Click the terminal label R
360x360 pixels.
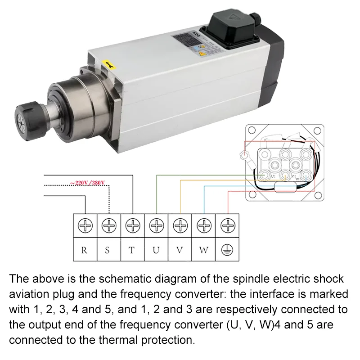(x=84, y=250)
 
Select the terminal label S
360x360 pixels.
(x=108, y=250)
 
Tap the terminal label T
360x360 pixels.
(x=132, y=250)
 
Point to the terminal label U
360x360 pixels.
(x=156, y=250)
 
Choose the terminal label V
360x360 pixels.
(x=180, y=250)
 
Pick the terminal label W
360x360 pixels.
(x=204, y=250)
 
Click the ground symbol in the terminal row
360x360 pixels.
(x=228, y=250)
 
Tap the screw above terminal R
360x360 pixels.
(x=84, y=225)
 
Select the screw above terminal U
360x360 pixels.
(x=156, y=225)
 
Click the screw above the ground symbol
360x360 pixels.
(x=228, y=225)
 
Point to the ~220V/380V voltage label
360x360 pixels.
(x=87, y=183)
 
